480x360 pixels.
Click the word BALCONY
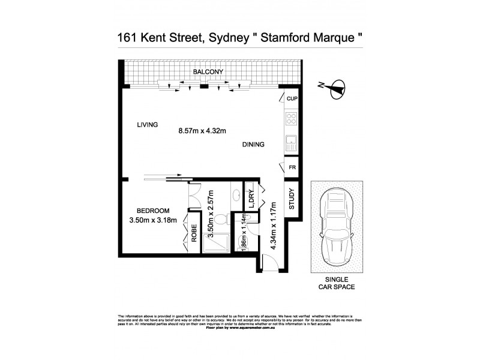click(208, 73)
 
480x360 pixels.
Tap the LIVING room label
click(147, 125)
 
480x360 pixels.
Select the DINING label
click(253, 145)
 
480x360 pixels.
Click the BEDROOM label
click(153, 211)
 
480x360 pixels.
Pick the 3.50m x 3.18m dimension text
click(153, 220)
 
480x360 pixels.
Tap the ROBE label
click(194, 232)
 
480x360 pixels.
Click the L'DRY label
click(251, 199)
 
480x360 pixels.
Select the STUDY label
click(291, 199)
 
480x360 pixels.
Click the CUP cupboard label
click(292, 99)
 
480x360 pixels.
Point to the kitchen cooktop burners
click(292, 118)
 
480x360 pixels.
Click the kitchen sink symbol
click(292, 143)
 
